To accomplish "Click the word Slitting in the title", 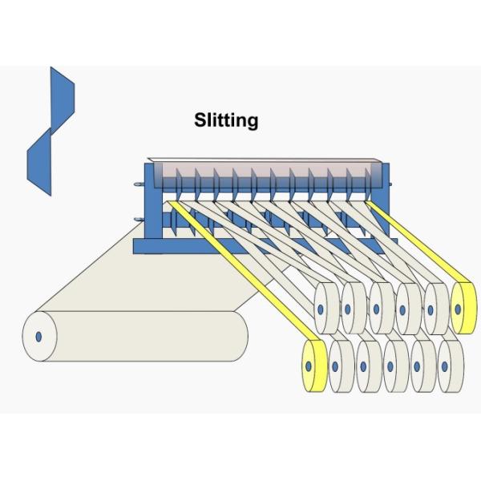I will [x=226, y=121].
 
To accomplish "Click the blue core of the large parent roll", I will [x=38, y=336].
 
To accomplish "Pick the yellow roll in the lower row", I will [x=313, y=366].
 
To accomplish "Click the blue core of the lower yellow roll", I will [x=307, y=366].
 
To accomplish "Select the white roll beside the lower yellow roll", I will [x=341, y=366].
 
